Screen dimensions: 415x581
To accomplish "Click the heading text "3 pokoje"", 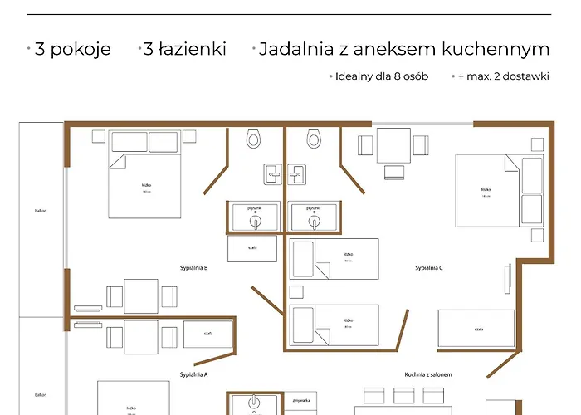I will [73, 49].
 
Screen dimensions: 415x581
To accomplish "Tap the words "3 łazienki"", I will [185, 49].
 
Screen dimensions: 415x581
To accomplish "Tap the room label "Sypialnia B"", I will [193, 268].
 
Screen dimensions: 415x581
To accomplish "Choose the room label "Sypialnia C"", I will [429, 268].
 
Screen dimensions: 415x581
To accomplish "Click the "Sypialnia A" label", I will [193, 375].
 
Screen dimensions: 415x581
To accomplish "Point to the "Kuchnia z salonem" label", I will [428, 375].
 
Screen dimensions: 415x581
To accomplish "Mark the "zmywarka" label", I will [303, 399].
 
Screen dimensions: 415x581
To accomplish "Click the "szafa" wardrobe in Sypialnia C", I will [479, 328].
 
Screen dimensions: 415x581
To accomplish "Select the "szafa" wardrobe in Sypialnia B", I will [252, 248].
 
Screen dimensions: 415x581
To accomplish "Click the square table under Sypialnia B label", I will [142, 295].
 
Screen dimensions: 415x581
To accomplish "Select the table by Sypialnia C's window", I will [393, 147].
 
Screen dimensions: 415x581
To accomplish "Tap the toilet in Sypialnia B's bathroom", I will [253, 139].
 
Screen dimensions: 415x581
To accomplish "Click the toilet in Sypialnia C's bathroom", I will [314, 139].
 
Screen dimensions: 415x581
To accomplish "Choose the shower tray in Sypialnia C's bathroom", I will [314, 217].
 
